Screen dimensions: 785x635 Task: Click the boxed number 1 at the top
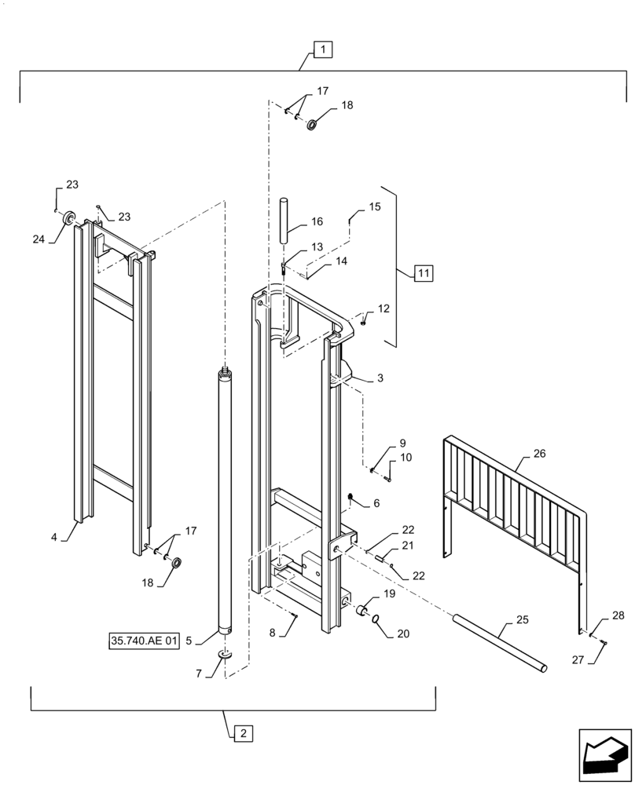click(x=323, y=49)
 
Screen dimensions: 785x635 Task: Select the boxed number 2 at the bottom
click(x=243, y=733)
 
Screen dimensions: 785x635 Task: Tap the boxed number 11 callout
click(x=423, y=274)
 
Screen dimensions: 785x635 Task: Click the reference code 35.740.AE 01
click(x=145, y=641)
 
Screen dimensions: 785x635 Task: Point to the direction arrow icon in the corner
click(x=604, y=755)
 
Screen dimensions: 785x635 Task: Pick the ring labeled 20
click(x=377, y=619)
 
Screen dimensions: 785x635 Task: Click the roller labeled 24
click(x=68, y=217)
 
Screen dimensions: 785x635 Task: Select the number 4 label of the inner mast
click(x=54, y=538)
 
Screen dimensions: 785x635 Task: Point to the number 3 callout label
click(x=380, y=378)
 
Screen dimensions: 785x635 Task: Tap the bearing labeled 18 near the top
click(x=312, y=124)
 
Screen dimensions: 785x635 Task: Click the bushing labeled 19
click(x=364, y=610)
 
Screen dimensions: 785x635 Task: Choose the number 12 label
click(x=384, y=309)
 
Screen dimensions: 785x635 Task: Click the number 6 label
click(x=376, y=502)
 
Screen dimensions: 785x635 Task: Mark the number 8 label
click(x=272, y=632)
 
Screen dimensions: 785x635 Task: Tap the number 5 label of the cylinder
click(x=189, y=641)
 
